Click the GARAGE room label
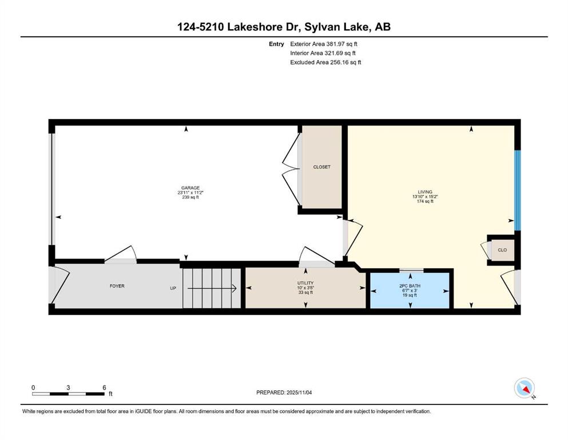[x=190, y=188]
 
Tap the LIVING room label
[x=425, y=192]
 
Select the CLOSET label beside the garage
[x=321, y=167]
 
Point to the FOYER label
[x=117, y=286]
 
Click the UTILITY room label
[x=305, y=283]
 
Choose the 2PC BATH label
[x=410, y=286]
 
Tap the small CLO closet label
[x=502, y=250]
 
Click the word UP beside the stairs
[x=173, y=288]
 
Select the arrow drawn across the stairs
[x=212, y=288]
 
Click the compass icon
[x=525, y=388]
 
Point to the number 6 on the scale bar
[x=104, y=387]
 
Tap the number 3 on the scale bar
[x=68, y=387]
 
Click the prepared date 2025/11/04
[x=299, y=392]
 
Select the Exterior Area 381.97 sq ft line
[x=324, y=44]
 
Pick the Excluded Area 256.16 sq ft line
[x=325, y=62]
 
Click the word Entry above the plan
[x=276, y=44]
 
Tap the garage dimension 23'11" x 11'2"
[x=190, y=192]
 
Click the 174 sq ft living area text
[x=425, y=201]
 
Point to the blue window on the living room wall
[x=518, y=190]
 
